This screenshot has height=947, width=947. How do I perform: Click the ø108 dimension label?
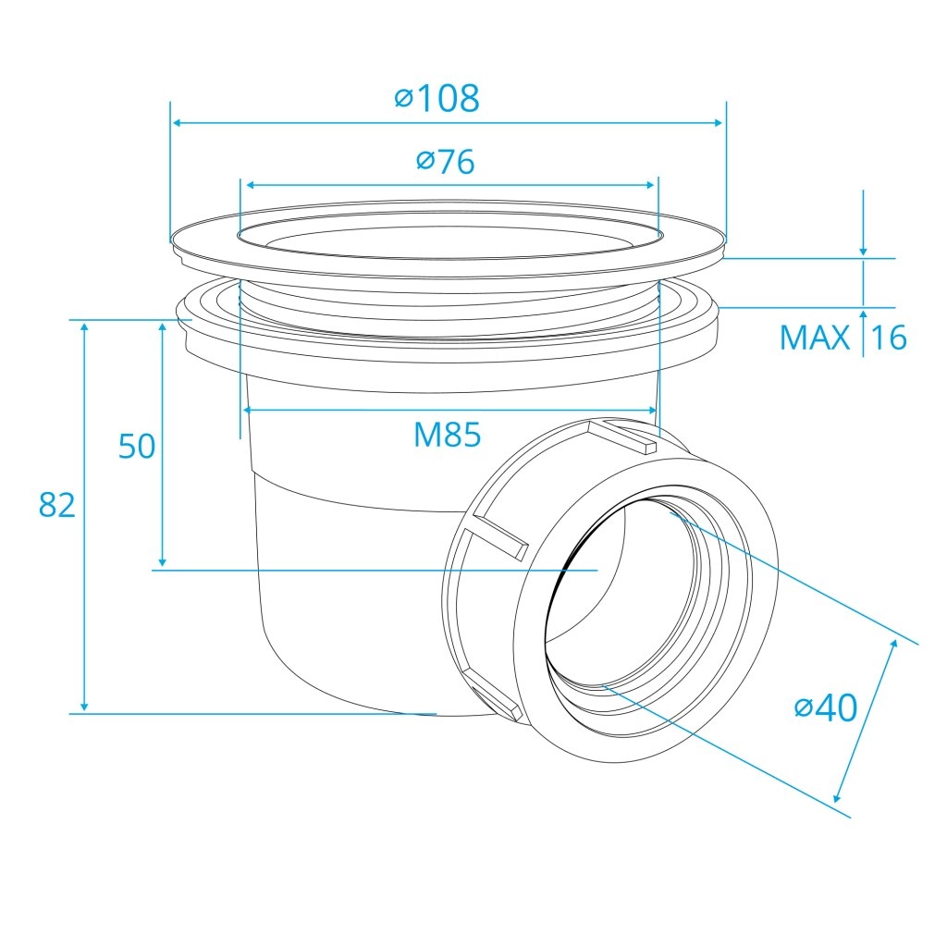point(437,98)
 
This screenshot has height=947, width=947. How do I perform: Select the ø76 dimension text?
point(446,161)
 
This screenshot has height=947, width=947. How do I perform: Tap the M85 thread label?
point(448,435)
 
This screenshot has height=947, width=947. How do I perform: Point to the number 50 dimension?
point(137,447)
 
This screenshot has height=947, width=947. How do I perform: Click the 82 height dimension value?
point(57,505)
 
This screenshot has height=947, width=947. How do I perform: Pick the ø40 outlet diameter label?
point(826,707)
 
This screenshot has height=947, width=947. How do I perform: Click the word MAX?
point(815,338)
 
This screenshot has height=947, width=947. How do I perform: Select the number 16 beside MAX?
point(889,338)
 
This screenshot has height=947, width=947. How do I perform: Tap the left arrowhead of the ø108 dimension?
point(178,123)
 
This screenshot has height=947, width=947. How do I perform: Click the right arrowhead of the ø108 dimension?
point(718,123)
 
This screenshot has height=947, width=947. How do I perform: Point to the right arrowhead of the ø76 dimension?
point(650,185)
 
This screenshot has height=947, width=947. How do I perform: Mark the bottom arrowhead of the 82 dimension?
point(84,706)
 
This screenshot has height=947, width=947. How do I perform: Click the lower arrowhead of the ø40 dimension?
point(837,796)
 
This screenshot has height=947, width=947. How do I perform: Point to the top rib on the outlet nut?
point(622,437)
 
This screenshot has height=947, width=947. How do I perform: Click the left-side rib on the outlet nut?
point(500,535)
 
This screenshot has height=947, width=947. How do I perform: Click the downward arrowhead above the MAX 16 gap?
point(863,249)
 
